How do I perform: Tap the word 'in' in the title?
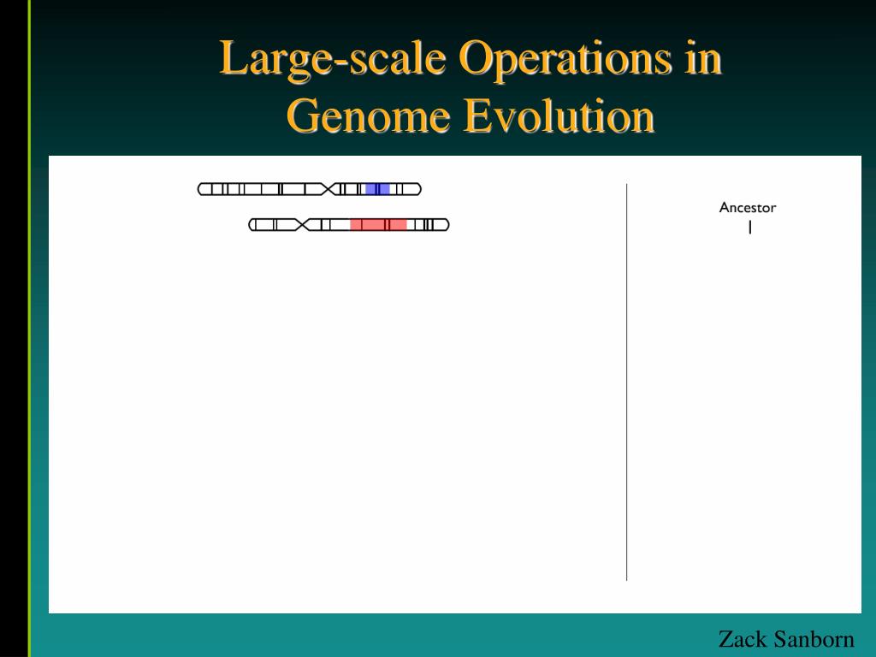[x=703, y=60]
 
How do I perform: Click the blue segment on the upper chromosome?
[x=377, y=189]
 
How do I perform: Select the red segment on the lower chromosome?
[x=378, y=225]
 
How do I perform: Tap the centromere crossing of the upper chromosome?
[x=329, y=189]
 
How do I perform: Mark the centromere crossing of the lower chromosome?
[x=301, y=225]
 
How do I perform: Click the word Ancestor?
[x=748, y=208]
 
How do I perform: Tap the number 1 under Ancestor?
[x=749, y=228]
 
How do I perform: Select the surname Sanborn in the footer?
[x=816, y=639]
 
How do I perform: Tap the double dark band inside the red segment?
[x=388, y=225]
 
